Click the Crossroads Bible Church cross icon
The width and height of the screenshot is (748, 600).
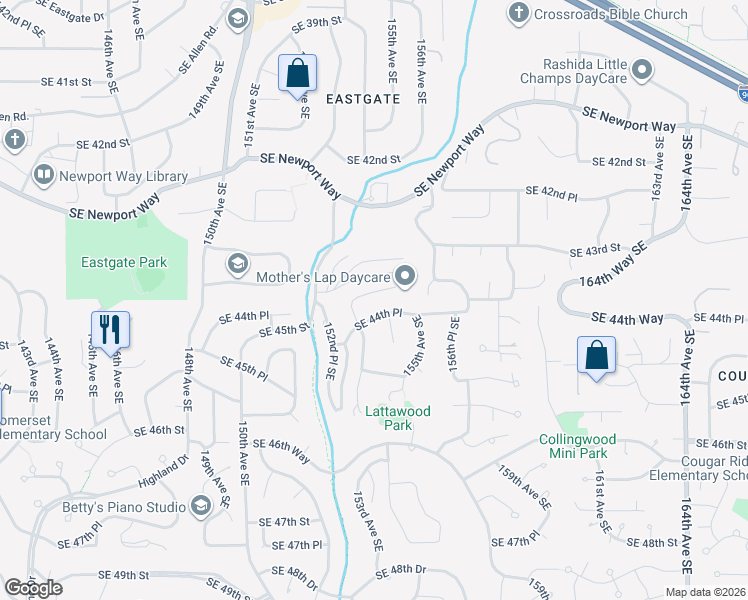coord(518,13)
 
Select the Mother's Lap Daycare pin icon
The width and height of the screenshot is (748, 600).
coord(405,275)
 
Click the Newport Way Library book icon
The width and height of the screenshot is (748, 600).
coord(43,176)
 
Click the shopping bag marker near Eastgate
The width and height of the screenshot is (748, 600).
coord(297,73)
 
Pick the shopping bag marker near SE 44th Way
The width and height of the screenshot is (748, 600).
coord(596,355)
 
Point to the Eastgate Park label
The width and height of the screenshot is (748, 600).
coord(124,262)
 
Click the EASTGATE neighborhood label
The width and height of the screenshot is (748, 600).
coord(363,99)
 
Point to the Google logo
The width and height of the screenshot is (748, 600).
coord(32,588)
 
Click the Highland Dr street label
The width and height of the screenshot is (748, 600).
coord(164,472)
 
